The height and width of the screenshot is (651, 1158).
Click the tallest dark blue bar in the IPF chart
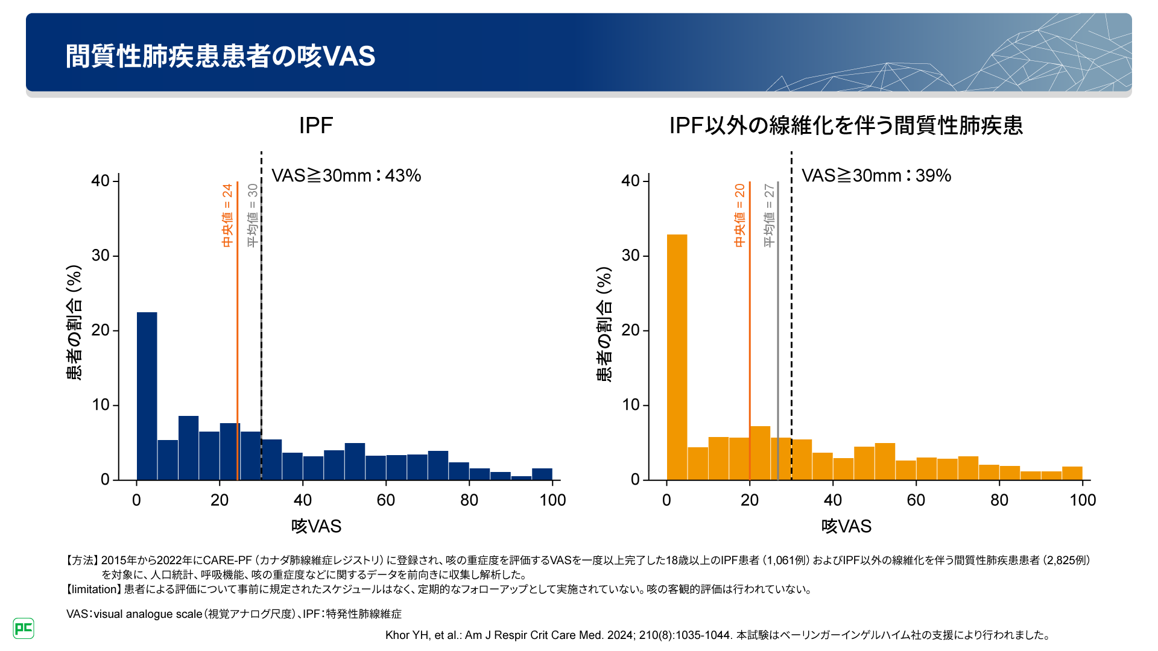click(x=147, y=395)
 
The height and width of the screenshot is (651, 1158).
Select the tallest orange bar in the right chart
click(x=677, y=357)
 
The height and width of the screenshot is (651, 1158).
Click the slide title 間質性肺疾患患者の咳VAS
click(x=220, y=56)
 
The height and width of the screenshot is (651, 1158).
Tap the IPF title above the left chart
click(x=315, y=125)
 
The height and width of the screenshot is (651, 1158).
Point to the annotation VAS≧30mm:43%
click(x=346, y=175)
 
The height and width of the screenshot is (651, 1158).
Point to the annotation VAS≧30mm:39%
click(x=876, y=175)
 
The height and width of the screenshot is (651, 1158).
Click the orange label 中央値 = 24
click(x=227, y=215)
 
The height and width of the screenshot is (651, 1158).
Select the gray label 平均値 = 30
click(x=253, y=215)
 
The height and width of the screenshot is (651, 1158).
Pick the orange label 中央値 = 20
click(x=739, y=215)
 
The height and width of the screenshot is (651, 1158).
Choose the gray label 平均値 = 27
click(x=769, y=215)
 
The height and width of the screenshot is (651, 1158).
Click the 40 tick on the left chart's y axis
click(x=101, y=181)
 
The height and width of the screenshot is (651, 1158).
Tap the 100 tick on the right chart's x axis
click(x=1083, y=500)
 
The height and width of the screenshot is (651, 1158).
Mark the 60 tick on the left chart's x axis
click(x=386, y=500)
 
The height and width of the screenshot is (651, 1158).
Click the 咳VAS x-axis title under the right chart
click(x=846, y=526)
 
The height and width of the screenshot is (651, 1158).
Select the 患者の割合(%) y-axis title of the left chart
click(x=74, y=322)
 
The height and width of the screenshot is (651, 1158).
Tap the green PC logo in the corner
click(x=24, y=628)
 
